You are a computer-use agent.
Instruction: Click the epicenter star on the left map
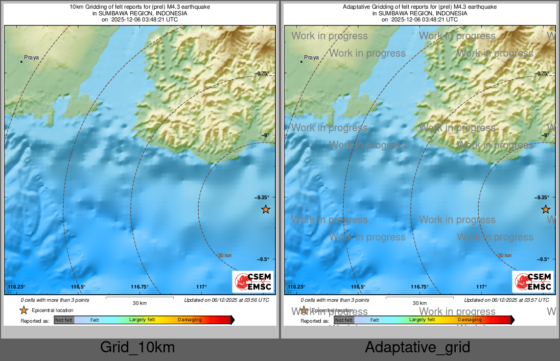[265, 209]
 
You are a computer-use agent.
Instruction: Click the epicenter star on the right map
[546, 209]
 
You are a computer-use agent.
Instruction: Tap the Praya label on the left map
[31, 58]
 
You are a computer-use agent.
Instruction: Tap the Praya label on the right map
[311, 58]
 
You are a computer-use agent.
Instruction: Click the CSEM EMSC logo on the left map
[253, 282]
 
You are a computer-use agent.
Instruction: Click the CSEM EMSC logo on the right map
[533, 282]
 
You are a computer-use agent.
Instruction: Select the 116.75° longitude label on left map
[139, 287]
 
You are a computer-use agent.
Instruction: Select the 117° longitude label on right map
[481, 287]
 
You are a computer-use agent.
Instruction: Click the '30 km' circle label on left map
[225, 255]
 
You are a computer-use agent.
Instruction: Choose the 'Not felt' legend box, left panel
[64, 320]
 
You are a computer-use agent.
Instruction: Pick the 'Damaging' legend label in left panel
[190, 320]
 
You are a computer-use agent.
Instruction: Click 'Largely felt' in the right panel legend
[422, 320]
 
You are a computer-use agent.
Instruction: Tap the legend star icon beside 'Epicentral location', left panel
[24, 310]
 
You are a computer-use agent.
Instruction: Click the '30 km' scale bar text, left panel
[139, 303]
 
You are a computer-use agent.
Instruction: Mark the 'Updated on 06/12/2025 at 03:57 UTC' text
[506, 300]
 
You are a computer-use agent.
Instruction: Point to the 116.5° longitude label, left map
[78, 287]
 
